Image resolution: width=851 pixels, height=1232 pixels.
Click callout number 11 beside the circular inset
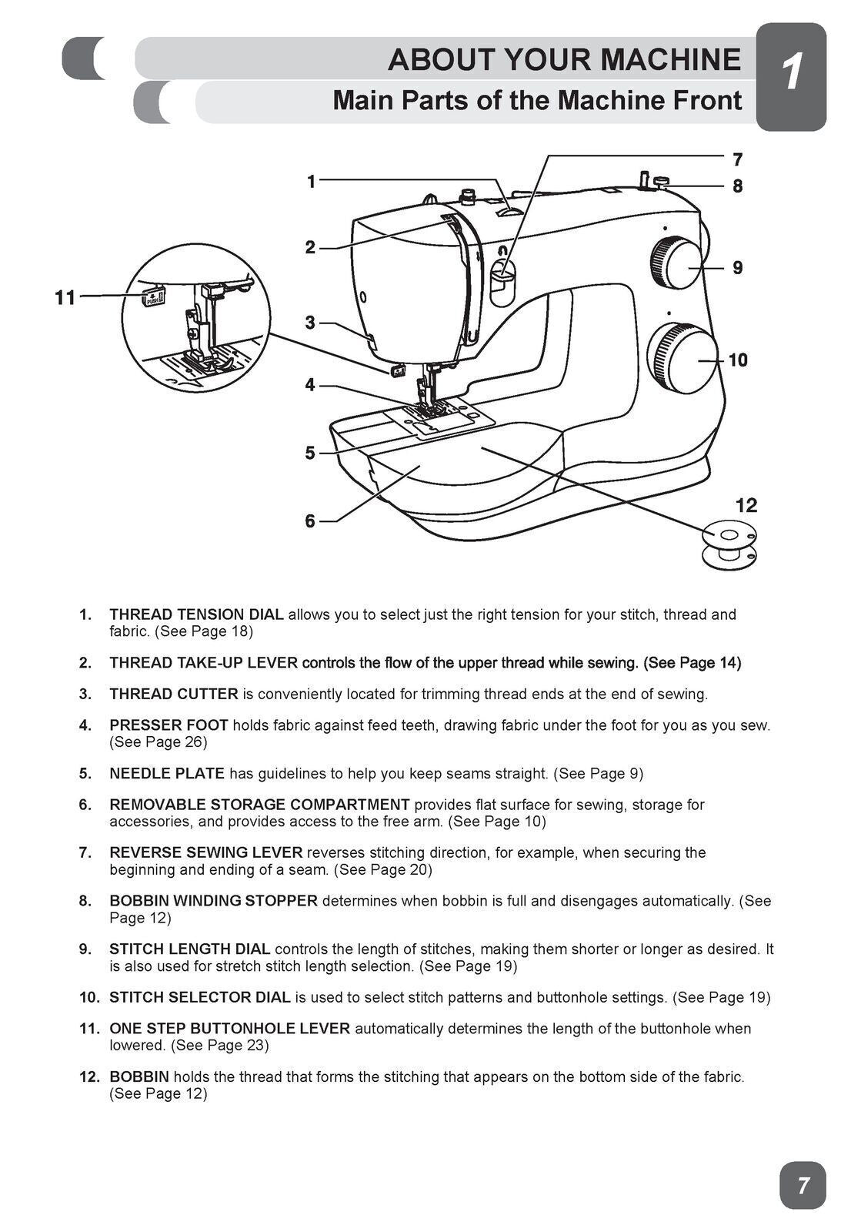point(65,297)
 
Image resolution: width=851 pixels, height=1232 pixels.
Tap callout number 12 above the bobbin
point(746,505)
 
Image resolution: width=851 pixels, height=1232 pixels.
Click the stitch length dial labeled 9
point(677,264)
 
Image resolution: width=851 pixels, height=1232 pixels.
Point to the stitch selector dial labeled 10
point(682,360)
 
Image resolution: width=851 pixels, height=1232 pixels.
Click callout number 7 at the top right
point(737,159)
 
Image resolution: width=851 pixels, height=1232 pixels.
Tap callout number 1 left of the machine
point(311,182)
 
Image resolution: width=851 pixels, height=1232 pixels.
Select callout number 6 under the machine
point(309,521)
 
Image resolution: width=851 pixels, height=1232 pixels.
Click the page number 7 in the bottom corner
point(803,1185)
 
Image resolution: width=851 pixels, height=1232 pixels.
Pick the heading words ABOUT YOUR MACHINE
point(564,59)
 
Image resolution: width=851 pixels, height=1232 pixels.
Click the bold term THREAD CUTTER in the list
point(174,694)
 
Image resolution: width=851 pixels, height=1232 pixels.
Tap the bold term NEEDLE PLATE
point(167,773)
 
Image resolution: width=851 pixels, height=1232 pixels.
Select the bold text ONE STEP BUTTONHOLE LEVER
point(229,1029)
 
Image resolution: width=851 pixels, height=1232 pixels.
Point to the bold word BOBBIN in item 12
point(139,1076)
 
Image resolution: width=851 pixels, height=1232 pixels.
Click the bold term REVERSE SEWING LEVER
point(205,852)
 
